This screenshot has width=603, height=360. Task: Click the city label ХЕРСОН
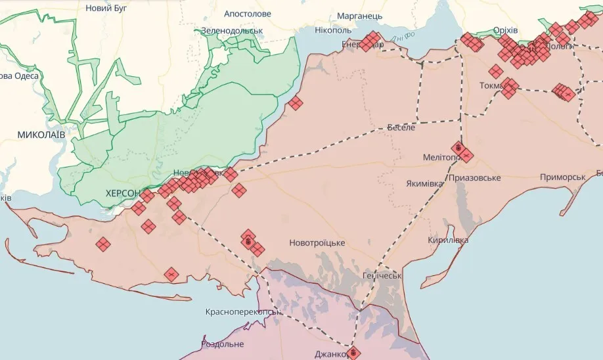point(123,193)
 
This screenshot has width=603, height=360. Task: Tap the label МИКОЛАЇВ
point(41,134)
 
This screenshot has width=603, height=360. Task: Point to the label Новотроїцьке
point(317,243)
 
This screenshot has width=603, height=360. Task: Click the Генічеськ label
point(382,275)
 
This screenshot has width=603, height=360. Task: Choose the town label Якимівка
point(424,183)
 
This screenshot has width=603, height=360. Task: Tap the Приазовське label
point(475,178)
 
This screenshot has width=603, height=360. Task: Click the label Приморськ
point(562,177)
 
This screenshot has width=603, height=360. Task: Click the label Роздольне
point(222,344)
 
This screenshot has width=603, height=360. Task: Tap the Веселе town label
point(401,127)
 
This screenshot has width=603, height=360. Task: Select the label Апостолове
point(247,13)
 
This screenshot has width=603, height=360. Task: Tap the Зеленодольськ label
point(232,30)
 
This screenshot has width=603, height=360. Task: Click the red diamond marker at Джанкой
point(353,353)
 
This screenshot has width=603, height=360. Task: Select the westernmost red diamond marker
point(103,244)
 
